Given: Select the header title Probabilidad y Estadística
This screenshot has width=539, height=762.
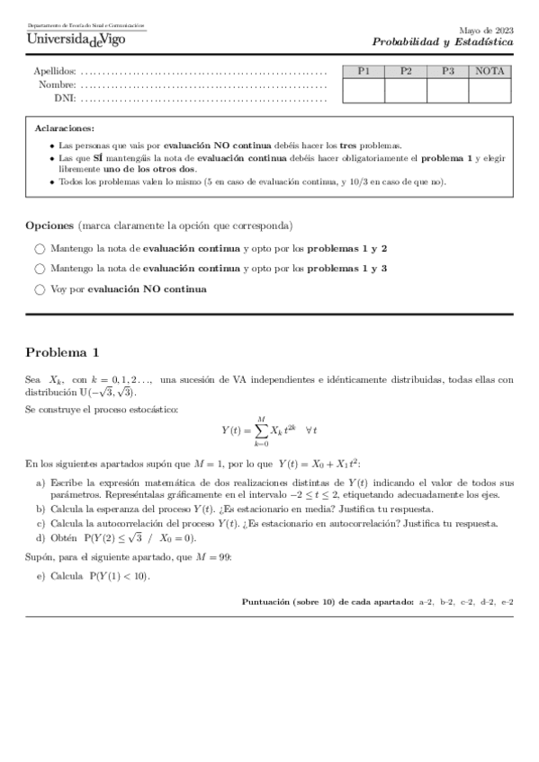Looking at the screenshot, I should click(443, 42).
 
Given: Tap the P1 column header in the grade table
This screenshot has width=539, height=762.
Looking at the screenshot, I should click(364, 72).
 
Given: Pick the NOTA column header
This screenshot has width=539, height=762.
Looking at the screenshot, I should click(490, 72).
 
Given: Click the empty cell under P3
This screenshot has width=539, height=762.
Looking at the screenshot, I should click(448, 91).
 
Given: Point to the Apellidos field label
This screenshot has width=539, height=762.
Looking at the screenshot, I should click(55, 72).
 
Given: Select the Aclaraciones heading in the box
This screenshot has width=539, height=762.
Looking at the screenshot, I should click(64, 128).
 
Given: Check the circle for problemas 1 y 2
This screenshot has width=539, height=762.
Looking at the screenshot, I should click(40, 248).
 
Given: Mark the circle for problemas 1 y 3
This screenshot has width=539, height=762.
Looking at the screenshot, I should click(40, 269).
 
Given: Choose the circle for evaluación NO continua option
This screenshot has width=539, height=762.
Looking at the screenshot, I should click(40, 289).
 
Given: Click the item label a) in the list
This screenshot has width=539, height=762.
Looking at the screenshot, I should click(40, 483).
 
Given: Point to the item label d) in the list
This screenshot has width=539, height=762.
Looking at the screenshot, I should click(40, 537).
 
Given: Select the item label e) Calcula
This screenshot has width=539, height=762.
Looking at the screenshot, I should click(40, 576).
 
